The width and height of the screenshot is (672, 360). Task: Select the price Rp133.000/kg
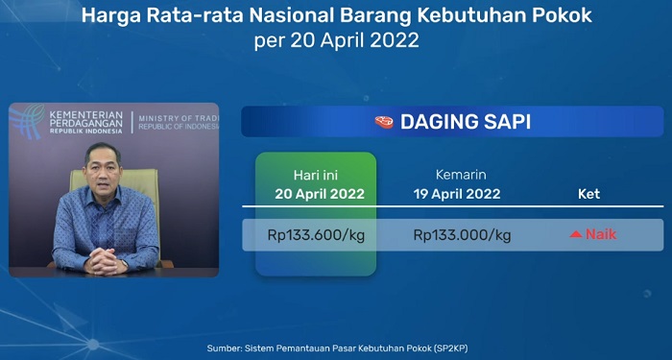coord(462,234)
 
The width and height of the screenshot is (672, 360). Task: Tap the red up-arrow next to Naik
coord(576,234)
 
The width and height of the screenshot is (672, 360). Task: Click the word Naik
coord(601,234)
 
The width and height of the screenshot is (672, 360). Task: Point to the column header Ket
coord(588,194)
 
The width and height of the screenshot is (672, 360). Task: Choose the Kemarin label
coord(462,176)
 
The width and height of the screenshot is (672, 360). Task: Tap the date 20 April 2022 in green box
coord(316,194)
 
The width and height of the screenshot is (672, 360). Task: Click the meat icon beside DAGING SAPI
coord(383,122)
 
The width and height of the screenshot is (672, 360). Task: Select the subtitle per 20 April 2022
coord(336,42)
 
